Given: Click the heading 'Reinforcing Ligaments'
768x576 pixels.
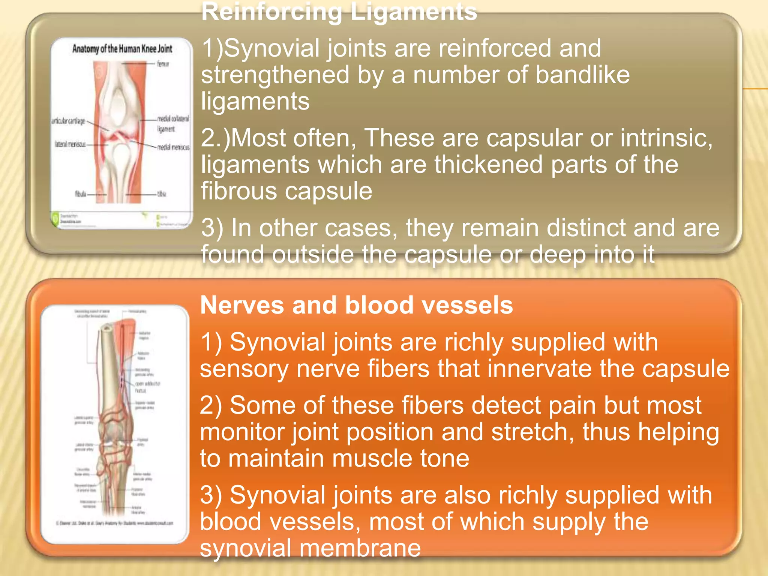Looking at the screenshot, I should pyautogui.click(x=339, y=12).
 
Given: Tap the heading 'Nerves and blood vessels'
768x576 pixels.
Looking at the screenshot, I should pyautogui.click(x=356, y=305).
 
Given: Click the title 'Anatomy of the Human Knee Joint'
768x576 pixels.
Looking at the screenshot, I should pyautogui.click(x=122, y=49).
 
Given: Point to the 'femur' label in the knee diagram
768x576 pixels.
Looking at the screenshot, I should pyautogui.click(x=163, y=64).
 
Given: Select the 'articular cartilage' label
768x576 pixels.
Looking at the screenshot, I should pyautogui.click(x=68, y=121).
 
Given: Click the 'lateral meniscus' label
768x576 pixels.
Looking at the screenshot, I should pyautogui.click(x=70, y=144).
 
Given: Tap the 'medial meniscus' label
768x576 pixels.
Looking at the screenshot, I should pyautogui.click(x=173, y=147).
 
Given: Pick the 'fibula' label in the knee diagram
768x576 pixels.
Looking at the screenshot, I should pyautogui.click(x=81, y=194).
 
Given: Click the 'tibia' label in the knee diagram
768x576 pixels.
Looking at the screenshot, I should pyautogui.click(x=162, y=194).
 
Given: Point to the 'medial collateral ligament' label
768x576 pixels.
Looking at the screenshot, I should pyautogui.click(x=172, y=123).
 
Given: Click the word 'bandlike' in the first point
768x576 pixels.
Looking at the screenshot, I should pyautogui.click(x=582, y=75).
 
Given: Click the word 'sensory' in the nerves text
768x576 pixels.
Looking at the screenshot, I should pyautogui.click(x=244, y=369).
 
